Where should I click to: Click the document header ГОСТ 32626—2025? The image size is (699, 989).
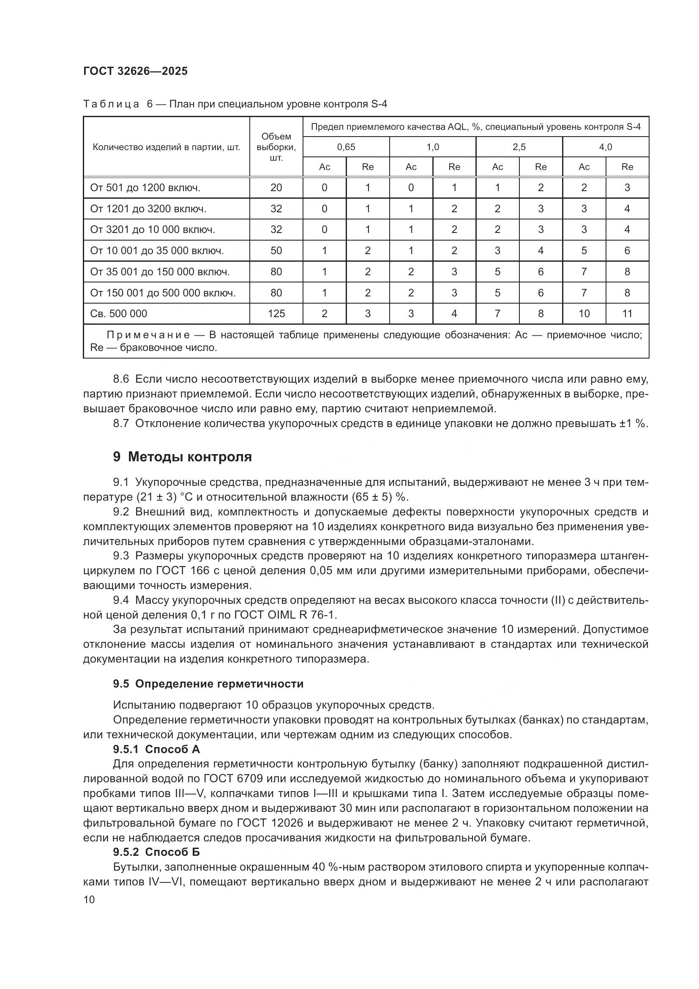[x=135, y=71]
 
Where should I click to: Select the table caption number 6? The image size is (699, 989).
[x=150, y=104]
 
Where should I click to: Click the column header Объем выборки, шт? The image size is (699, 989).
[x=276, y=147]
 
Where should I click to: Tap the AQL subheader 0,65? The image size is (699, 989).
[x=346, y=147]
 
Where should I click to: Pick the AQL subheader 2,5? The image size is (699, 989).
[x=519, y=147]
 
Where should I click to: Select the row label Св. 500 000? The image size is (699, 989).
[x=118, y=314]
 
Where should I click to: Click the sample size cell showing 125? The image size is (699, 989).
[x=276, y=314]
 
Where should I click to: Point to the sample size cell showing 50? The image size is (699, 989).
[x=276, y=251]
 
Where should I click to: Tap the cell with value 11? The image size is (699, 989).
[x=627, y=314]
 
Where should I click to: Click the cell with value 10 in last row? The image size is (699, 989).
[x=584, y=314]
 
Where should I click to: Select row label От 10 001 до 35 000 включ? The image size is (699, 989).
[x=157, y=251]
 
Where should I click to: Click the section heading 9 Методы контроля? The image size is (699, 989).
[x=182, y=457]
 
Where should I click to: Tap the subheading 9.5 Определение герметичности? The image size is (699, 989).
[x=208, y=684]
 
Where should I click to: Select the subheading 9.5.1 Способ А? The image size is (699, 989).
[x=156, y=749]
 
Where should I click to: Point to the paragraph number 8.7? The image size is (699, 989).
[x=121, y=423]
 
